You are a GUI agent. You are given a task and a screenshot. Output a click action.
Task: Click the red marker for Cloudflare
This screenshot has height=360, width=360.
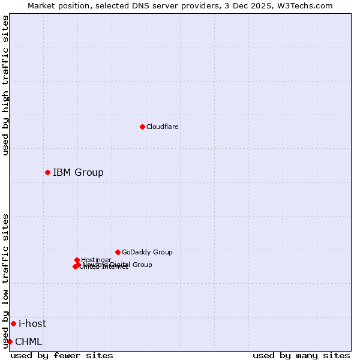tap(142, 127)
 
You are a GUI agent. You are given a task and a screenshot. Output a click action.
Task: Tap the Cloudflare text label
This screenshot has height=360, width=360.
tap(163, 127)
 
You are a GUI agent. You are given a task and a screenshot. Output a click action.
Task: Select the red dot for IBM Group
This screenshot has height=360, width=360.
tap(47, 172)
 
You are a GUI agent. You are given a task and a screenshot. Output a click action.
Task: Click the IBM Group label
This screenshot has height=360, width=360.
tap(78, 173)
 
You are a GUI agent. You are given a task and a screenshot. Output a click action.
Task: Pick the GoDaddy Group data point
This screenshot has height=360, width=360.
tap(118, 252)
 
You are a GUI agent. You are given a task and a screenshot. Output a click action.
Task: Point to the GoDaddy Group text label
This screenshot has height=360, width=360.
tap(147, 252)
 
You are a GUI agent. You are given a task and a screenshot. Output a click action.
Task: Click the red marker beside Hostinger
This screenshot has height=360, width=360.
tap(77, 260)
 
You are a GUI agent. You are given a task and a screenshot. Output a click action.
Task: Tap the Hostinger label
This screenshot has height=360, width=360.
tap(96, 260)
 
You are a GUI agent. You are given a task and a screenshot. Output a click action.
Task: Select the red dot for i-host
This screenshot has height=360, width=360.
tap(13, 323)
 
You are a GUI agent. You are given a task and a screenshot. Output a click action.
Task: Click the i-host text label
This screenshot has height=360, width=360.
tap(32, 324)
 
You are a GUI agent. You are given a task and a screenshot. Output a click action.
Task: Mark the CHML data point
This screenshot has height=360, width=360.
tap(10, 341)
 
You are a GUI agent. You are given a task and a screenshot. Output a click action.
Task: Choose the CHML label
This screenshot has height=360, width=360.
tap(29, 342)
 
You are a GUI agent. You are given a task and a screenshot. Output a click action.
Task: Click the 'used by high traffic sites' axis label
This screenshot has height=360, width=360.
tap(6, 85)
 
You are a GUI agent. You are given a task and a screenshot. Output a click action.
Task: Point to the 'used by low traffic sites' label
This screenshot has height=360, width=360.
tap(6, 281)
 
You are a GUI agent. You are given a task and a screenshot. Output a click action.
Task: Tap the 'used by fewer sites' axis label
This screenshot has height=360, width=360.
tap(62, 355)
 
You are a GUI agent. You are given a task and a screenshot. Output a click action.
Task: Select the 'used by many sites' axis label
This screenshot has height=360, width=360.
tap(301, 355)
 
